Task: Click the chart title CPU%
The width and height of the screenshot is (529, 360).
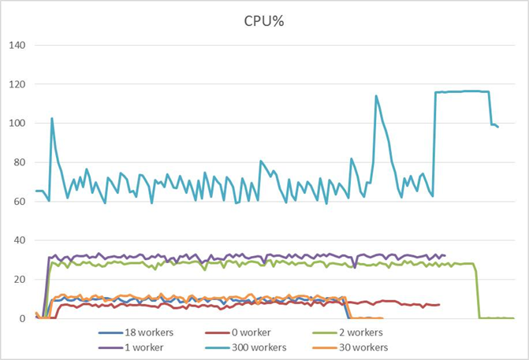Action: (264, 20)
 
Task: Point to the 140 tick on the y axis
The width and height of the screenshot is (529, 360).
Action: (18, 45)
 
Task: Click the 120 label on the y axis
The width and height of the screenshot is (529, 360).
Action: (18, 84)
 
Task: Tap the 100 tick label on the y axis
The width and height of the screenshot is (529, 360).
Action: (18, 123)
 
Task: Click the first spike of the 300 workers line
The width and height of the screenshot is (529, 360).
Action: (52, 119)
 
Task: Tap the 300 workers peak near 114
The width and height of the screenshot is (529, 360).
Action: (376, 96)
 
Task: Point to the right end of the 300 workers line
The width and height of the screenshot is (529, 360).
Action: (498, 127)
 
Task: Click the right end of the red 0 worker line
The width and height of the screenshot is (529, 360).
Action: (439, 304)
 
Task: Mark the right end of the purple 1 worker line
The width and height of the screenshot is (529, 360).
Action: (445, 255)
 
